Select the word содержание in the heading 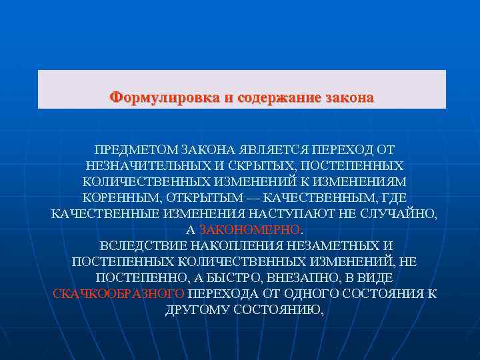point(279,97)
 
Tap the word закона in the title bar point(349,97)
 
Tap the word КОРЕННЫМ point(119,198)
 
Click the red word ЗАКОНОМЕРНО point(250,230)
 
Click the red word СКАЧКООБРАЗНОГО point(109,294)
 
